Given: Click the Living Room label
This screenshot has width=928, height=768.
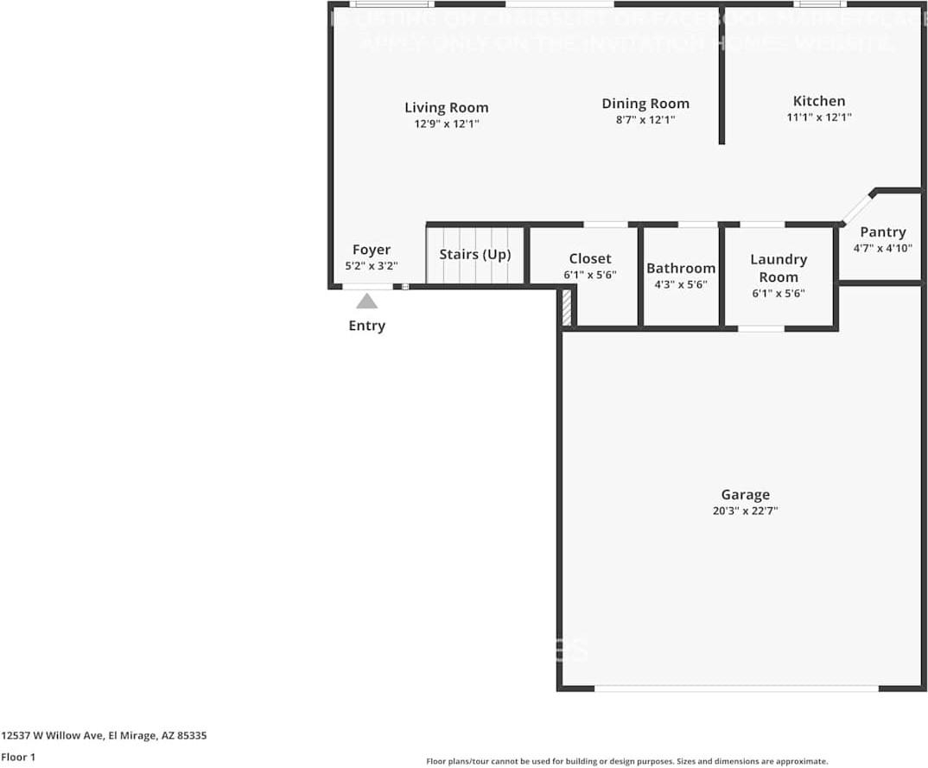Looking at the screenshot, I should tap(447, 107).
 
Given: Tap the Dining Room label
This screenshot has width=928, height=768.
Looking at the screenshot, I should tap(645, 104).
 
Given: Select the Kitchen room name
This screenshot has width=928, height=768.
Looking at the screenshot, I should tap(819, 100).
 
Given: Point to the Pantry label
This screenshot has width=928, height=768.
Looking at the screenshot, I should tap(882, 232).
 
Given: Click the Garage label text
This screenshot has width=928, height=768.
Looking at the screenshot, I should tap(745, 494).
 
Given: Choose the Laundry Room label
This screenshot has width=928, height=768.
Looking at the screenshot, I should tap(779, 268).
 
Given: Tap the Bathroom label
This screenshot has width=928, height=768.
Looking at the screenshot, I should tap(681, 268).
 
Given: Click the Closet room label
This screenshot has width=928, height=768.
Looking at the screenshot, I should tap(590, 258).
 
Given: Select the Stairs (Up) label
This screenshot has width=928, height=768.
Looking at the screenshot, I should tap(475, 254).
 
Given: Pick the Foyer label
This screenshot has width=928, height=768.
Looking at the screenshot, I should tap(372, 250).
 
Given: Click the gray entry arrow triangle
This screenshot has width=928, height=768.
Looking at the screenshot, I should tap(367, 301).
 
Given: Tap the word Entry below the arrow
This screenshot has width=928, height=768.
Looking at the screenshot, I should tap(367, 326).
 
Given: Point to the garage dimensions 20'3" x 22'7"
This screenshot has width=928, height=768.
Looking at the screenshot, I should tap(745, 511).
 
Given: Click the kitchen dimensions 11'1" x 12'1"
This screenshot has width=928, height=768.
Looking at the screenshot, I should tap(819, 117).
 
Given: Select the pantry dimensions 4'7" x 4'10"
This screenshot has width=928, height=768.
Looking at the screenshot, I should tap(882, 248).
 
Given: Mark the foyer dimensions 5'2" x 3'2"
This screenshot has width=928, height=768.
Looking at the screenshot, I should tap(372, 266).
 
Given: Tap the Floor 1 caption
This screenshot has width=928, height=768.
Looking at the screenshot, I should tap(18, 757).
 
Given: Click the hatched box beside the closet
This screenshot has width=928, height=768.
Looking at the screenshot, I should tap(567, 308).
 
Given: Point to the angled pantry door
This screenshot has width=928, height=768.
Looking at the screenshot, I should tap(856, 208).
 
